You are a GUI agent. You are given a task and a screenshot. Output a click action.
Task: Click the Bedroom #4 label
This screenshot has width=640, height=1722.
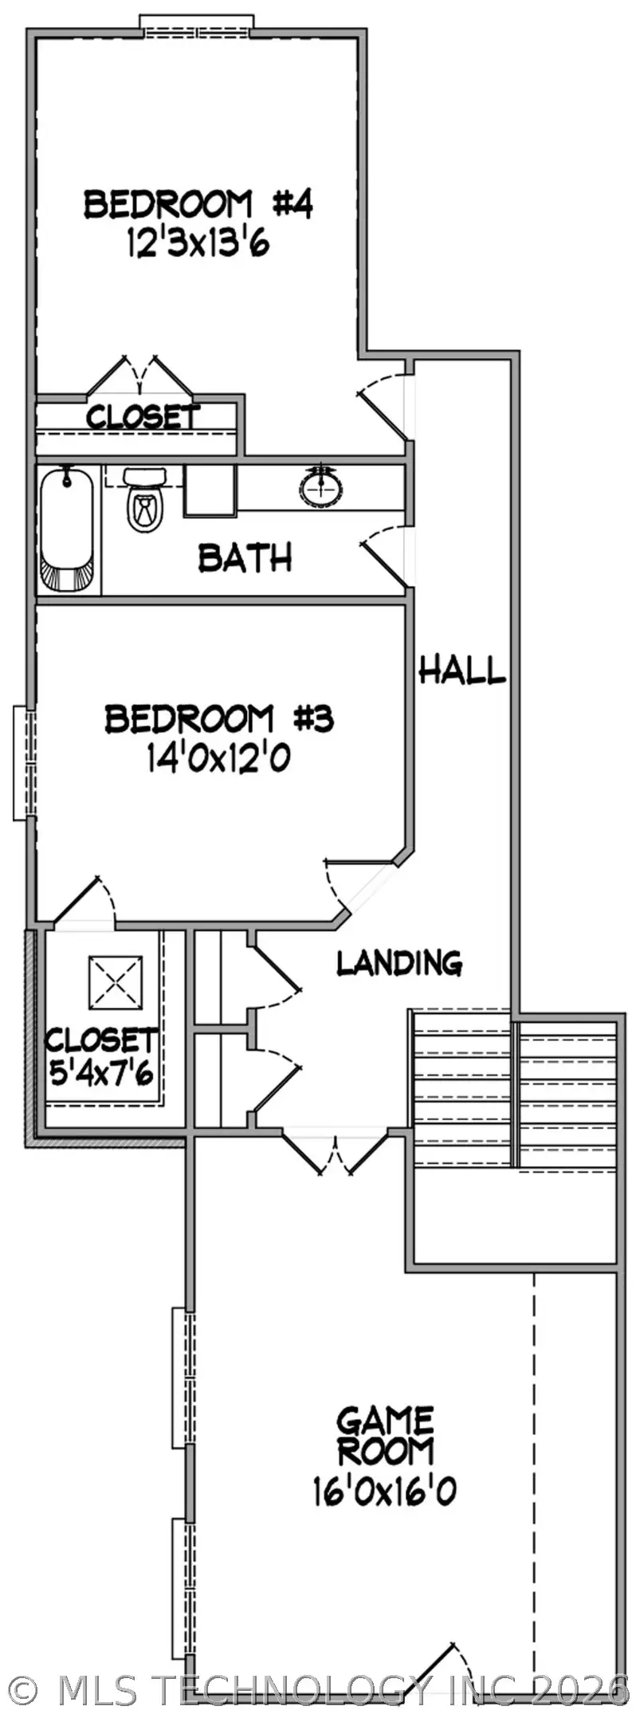198,205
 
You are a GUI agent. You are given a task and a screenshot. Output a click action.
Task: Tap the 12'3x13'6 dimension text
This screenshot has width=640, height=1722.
198,242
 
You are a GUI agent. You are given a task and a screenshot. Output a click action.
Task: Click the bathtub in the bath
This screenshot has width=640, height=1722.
69,529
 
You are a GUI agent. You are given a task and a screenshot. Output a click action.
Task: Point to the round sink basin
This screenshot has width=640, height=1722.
323,486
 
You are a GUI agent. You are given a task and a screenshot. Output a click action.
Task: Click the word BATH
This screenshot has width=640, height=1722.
245,558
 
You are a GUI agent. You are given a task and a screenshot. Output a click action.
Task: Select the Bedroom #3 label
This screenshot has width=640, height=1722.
218,719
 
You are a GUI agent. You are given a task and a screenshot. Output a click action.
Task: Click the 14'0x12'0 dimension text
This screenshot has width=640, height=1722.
217,758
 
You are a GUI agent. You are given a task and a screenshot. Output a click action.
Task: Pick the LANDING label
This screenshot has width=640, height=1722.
399,963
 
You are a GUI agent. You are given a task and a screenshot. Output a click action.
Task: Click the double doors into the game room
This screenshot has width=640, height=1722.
336,1154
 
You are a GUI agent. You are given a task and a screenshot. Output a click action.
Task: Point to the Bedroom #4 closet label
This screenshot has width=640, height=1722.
142,416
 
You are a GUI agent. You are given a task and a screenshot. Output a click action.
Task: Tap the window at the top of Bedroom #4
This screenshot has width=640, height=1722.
197,25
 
